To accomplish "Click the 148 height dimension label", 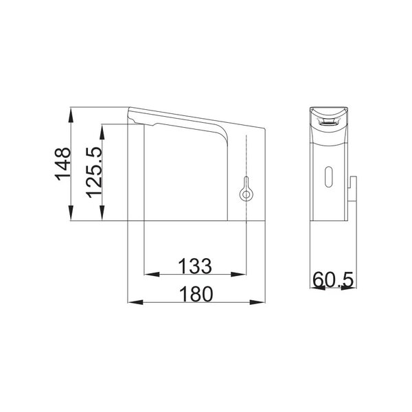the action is click(62, 164).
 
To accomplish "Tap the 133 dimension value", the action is click(195, 266).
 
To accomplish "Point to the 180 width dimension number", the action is click(196, 294).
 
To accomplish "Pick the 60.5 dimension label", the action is click(334, 279).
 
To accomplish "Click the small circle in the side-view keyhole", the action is click(246, 195).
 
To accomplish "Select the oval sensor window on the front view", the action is click(328, 177).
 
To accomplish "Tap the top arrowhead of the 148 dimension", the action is click(71, 115).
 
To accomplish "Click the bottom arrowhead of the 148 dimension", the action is click(71, 213).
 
